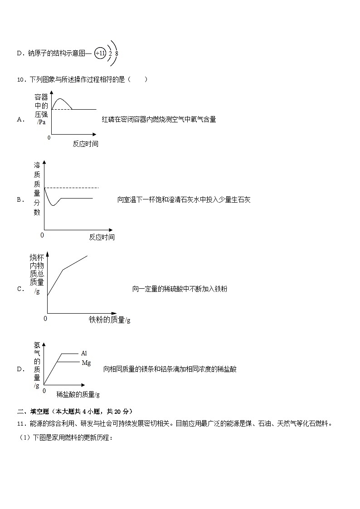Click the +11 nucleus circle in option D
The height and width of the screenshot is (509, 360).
tap(100, 53)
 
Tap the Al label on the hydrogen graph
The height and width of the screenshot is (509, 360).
tap(84, 353)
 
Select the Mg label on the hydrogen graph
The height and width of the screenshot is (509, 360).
tap(86, 363)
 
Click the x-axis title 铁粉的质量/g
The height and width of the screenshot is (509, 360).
tap(110, 320)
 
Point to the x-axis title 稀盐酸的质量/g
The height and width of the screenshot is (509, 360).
tap(78, 394)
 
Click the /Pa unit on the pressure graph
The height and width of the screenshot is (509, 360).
tap(41, 122)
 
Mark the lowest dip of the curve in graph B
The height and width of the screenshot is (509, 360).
tap(54, 205)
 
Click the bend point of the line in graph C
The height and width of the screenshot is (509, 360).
tap(63, 270)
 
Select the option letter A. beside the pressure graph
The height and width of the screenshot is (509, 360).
tap(20, 119)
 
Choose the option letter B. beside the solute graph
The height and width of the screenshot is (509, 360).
tap(20, 199)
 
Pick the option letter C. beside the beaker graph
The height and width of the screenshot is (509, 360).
tap(20, 289)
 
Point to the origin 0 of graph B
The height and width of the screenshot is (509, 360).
tap(42, 235)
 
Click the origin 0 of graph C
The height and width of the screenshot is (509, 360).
tap(45, 319)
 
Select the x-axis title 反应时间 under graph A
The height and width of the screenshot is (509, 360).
tap(85, 144)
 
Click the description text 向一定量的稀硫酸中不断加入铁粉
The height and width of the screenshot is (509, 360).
tap(180, 289)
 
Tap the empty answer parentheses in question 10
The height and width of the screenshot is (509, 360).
tap(138, 80)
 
